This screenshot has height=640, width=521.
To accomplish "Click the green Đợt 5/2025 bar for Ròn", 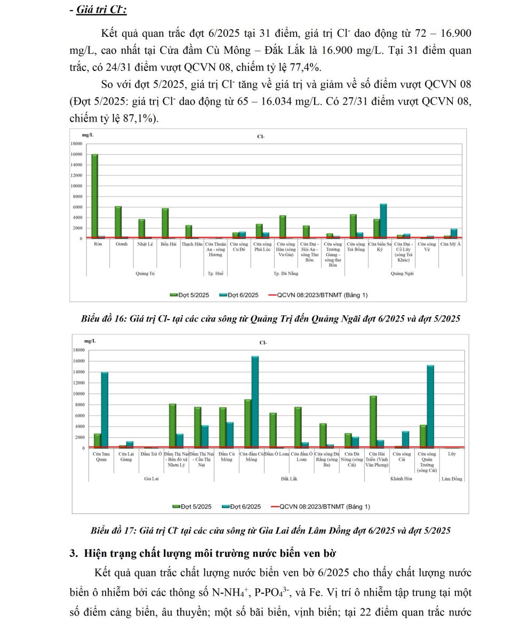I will point(94,196).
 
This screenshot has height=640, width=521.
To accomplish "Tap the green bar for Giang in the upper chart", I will point(118,222).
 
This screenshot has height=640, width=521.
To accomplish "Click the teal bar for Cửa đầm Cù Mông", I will point(255,402).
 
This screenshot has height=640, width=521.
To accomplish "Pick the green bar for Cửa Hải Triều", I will point(373,422).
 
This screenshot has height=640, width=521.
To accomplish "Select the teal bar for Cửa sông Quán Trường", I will point(430,406).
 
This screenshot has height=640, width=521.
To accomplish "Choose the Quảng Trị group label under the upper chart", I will point(145,274).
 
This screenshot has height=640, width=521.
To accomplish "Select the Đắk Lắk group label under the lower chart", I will point(289,479).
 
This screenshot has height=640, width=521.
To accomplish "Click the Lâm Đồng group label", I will point(452,479).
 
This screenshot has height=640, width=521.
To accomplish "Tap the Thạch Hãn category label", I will point(191,244).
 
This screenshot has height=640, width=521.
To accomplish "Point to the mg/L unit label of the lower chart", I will point(90,340).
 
